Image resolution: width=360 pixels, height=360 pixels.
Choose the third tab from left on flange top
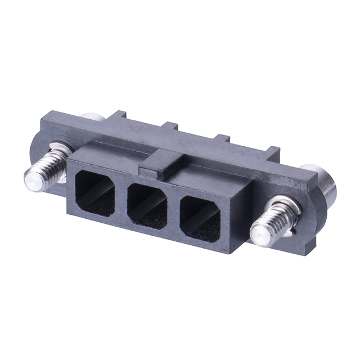tap(223, 137)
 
